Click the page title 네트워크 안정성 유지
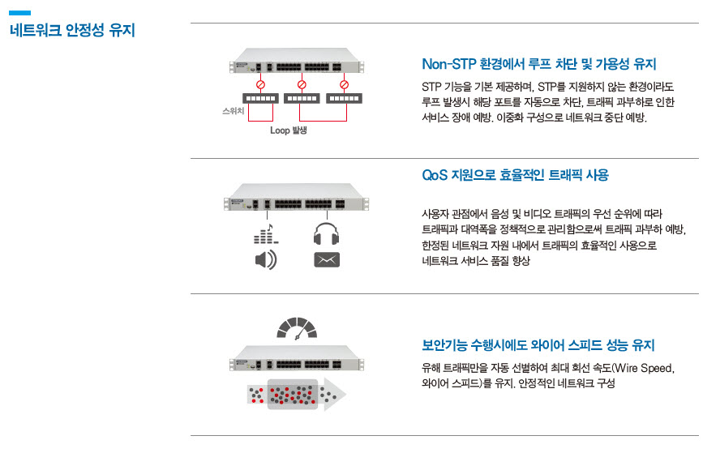[72, 30]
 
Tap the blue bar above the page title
[19, 13]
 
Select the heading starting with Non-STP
[539, 64]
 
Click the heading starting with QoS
[515, 175]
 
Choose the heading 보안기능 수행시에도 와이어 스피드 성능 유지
[538, 344]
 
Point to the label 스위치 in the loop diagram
[233, 110]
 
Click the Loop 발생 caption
[289, 130]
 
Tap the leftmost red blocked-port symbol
[260, 84]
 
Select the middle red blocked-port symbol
[302, 84]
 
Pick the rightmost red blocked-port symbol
[344, 84]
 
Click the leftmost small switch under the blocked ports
[260, 98]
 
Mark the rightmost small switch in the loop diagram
[344, 98]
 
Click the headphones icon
[327, 233]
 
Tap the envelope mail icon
[327, 260]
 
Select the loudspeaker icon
[266, 260]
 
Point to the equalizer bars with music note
[266, 233]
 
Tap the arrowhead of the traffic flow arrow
[335, 395]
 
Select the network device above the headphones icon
[296, 198]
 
